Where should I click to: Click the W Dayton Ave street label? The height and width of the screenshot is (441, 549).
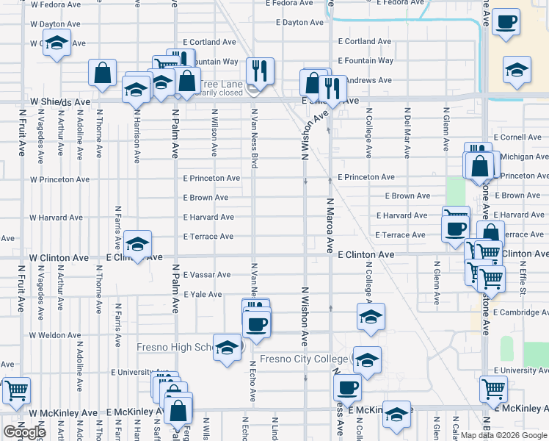point(55,24)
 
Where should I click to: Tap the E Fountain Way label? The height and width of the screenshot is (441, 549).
point(366,61)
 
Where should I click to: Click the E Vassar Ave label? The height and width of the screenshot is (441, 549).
point(207,275)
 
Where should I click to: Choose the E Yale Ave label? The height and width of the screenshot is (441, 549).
point(203,294)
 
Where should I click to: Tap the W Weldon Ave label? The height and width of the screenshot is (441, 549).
point(55,335)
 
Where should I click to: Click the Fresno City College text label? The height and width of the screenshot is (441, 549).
point(305,359)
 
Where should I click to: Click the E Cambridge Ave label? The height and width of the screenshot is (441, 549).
point(520,312)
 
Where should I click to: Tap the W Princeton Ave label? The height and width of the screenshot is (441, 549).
point(59,179)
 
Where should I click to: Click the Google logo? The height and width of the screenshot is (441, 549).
point(23,432)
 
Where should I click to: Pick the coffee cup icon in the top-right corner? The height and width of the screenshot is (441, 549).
point(506,22)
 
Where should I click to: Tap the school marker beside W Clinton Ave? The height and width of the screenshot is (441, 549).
point(137,244)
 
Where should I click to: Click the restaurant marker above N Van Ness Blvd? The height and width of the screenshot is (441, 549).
point(259,71)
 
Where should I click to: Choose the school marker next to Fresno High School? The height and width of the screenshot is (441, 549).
point(228,348)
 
